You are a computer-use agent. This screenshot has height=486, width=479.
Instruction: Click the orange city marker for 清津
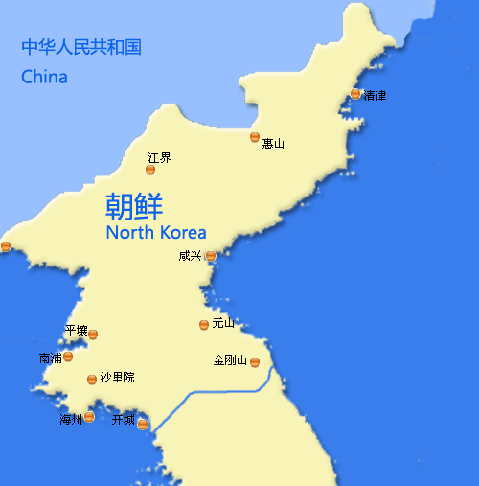(355, 94)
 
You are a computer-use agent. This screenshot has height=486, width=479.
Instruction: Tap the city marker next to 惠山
(255, 137)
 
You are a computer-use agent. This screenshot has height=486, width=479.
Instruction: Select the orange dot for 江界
(150, 170)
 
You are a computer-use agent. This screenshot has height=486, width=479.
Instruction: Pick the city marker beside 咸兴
(211, 256)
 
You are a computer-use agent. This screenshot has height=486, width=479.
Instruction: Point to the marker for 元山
(203, 325)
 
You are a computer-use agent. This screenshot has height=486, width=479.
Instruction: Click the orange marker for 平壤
(93, 335)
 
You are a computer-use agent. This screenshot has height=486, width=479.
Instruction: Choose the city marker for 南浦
(68, 357)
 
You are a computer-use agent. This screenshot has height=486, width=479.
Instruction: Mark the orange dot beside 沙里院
(92, 380)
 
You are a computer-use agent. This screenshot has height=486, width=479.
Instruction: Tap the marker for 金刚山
(255, 361)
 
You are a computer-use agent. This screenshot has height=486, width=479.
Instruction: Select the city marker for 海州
(89, 417)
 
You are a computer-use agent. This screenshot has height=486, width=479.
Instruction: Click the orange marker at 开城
(142, 424)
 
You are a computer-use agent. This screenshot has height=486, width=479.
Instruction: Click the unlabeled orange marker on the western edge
(6, 246)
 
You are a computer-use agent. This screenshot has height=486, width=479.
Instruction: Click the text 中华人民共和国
(81, 46)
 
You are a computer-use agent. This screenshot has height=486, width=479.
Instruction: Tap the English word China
(44, 77)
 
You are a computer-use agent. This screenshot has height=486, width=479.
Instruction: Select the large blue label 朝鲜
(134, 206)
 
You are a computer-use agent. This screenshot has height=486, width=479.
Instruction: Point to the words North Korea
(155, 233)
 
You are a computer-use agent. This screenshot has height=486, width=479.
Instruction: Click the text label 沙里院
(117, 378)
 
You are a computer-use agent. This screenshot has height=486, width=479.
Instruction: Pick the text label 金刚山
(230, 361)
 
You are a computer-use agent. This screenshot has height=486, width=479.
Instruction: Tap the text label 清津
(375, 95)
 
